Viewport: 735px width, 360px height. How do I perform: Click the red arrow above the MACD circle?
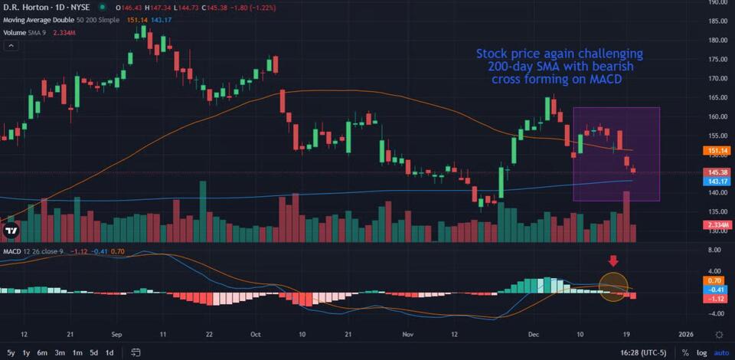point(612,262)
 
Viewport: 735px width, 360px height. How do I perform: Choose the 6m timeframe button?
point(42,352)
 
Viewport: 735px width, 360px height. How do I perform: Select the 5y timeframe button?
point(10,352)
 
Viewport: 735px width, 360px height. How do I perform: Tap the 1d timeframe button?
point(109,352)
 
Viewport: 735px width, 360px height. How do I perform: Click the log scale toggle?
point(701,352)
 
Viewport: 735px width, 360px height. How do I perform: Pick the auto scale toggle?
point(721,352)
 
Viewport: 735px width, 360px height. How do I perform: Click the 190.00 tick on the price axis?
point(717,2)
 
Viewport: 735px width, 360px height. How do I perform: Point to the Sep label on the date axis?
point(117,335)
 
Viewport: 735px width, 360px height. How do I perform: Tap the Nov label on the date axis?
point(407,335)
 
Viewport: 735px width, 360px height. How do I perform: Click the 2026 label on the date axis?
point(686,335)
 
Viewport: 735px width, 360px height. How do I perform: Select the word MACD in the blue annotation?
point(599,79)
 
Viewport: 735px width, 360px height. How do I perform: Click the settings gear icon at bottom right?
point(719,335)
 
